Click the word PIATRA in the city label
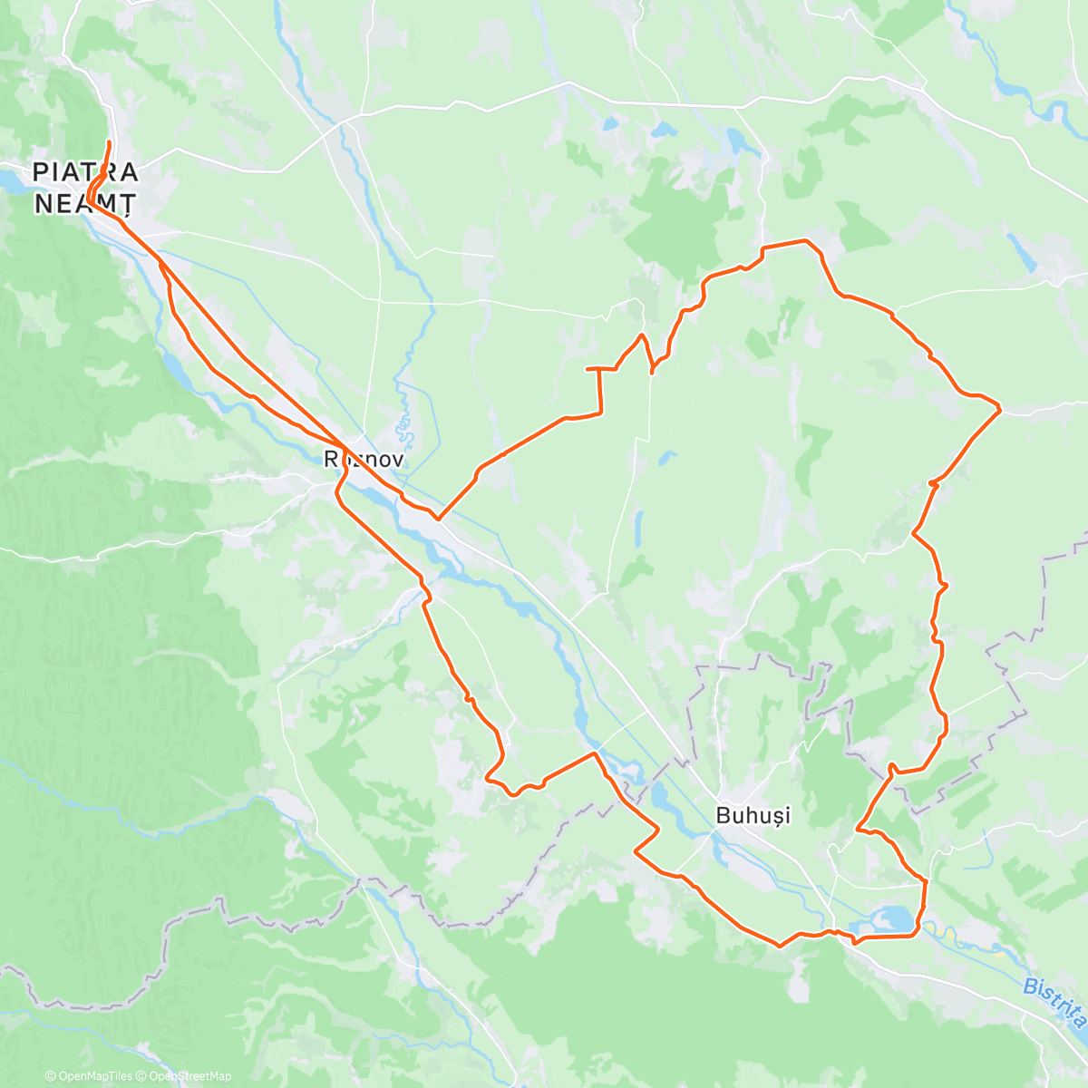tap(85, 171)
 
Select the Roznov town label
tap(363, 459)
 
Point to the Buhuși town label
tap(753, 815)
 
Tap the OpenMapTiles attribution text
tap(89, 1076)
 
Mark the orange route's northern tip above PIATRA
tap(110, 142)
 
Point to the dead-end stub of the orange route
tap(588, 369)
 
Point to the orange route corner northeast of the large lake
tap(926, 880)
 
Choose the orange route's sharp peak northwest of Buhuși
tap(595, 753)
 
